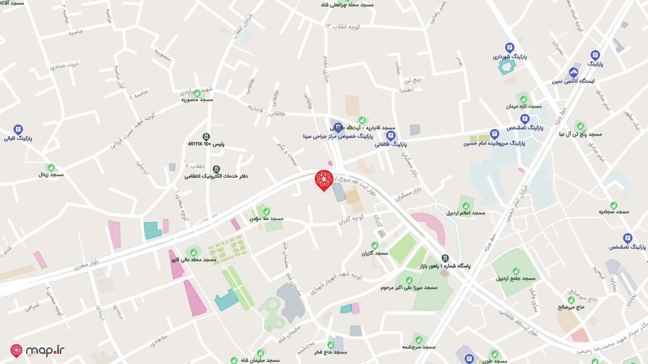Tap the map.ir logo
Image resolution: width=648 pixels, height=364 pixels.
pos(37,351)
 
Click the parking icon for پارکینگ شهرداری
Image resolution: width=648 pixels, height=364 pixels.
pos(510,48)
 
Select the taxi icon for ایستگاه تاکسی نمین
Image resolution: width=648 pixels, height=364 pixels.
pos(574,72)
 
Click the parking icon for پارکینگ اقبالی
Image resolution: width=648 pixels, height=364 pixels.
pos(18,129)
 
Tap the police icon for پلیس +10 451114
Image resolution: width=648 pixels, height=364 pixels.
pos(206,136)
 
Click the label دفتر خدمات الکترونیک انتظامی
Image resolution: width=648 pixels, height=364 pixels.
pos(216,176)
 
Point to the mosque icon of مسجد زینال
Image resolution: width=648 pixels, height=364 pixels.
pos(51,167)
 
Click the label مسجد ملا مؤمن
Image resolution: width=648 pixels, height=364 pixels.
pos(266,219)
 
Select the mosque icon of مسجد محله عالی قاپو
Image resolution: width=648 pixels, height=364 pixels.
pos(193,252)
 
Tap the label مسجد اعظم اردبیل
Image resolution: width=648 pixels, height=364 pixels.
pos(466,213)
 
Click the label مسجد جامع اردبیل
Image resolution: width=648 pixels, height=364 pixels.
pos(516,279)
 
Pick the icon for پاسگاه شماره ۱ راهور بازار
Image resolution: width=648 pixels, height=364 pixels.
pos(445,258)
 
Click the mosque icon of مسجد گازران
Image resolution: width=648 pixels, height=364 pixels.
pos(375,245)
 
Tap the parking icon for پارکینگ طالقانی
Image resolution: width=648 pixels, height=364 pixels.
pos(390,135)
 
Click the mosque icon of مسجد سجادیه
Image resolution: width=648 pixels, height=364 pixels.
pos(614,205)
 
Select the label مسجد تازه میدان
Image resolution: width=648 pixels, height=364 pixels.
pos(524,106)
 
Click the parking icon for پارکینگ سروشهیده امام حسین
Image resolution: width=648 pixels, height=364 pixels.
pos(495,134)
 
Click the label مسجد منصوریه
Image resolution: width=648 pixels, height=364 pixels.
pos(197,100)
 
